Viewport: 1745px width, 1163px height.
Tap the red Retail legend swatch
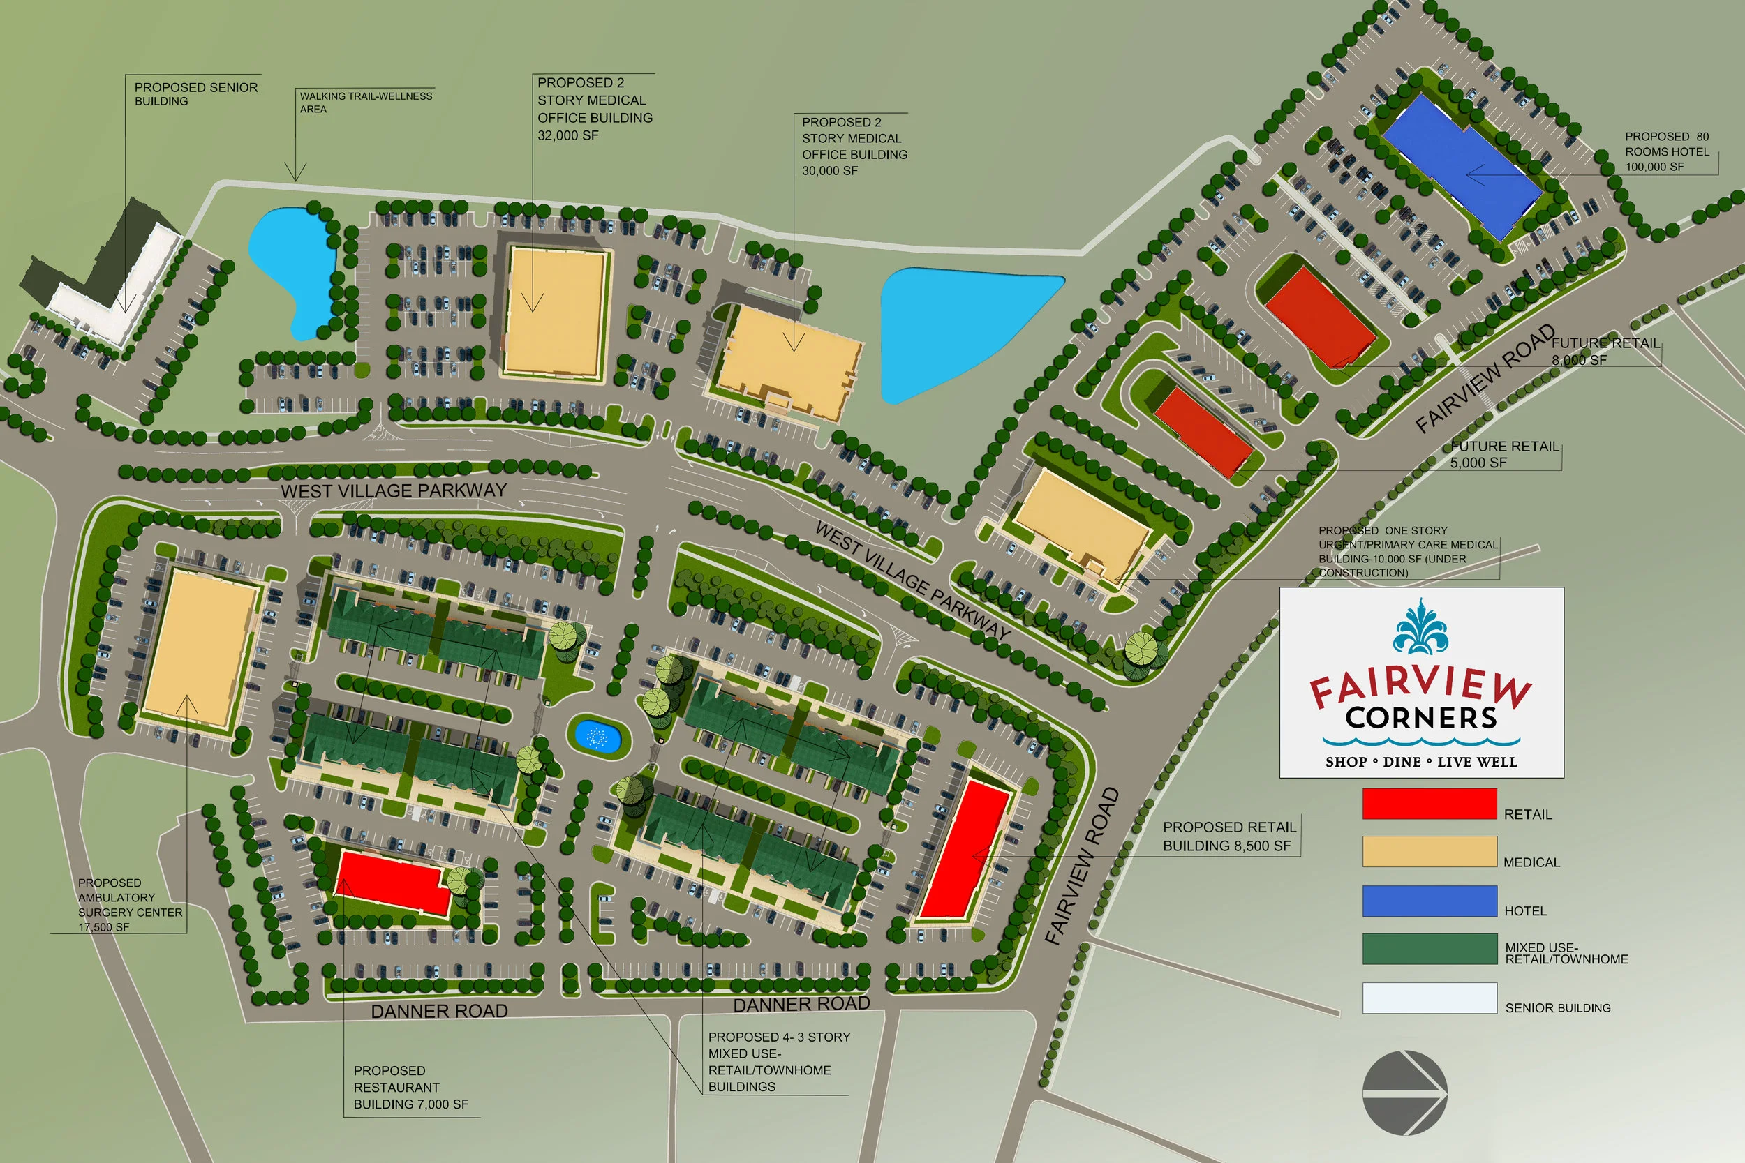1429,804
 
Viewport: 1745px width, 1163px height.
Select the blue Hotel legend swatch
1429,901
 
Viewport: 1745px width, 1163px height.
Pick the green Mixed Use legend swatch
1429,949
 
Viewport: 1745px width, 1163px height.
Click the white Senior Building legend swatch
1429,998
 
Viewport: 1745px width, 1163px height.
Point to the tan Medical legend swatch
1429,851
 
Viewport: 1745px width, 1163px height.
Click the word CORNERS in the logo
1421,718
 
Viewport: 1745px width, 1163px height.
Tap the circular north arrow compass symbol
1404,1092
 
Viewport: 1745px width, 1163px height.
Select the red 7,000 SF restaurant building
393,883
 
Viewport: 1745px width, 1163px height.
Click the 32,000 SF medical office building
555,312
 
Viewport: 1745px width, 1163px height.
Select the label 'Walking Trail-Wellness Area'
365,103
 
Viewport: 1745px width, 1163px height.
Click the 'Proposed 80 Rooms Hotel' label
1666,151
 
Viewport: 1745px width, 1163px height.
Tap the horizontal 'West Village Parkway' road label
393,490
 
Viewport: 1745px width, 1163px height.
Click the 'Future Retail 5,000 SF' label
1505,454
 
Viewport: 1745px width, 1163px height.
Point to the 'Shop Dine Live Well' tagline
1421,762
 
